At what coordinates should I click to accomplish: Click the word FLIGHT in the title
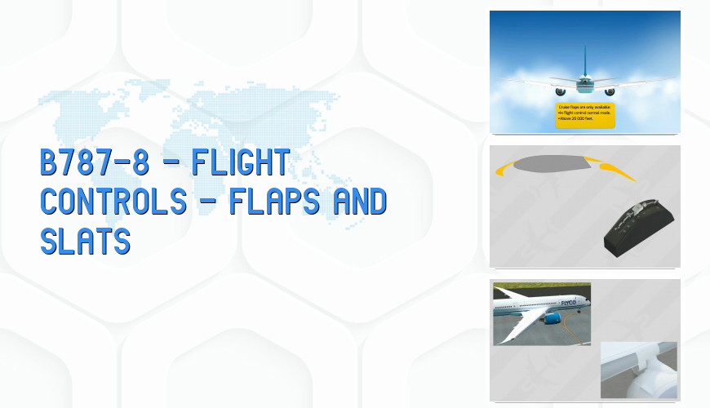click(x=241, y=162)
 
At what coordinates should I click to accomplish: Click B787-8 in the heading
click(x=95, y=162)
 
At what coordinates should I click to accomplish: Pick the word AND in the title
click(x=356, y=200)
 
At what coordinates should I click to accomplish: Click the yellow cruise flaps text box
click(x=584, y=115)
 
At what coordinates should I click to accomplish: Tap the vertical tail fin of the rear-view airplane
click(x=584, y=61)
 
